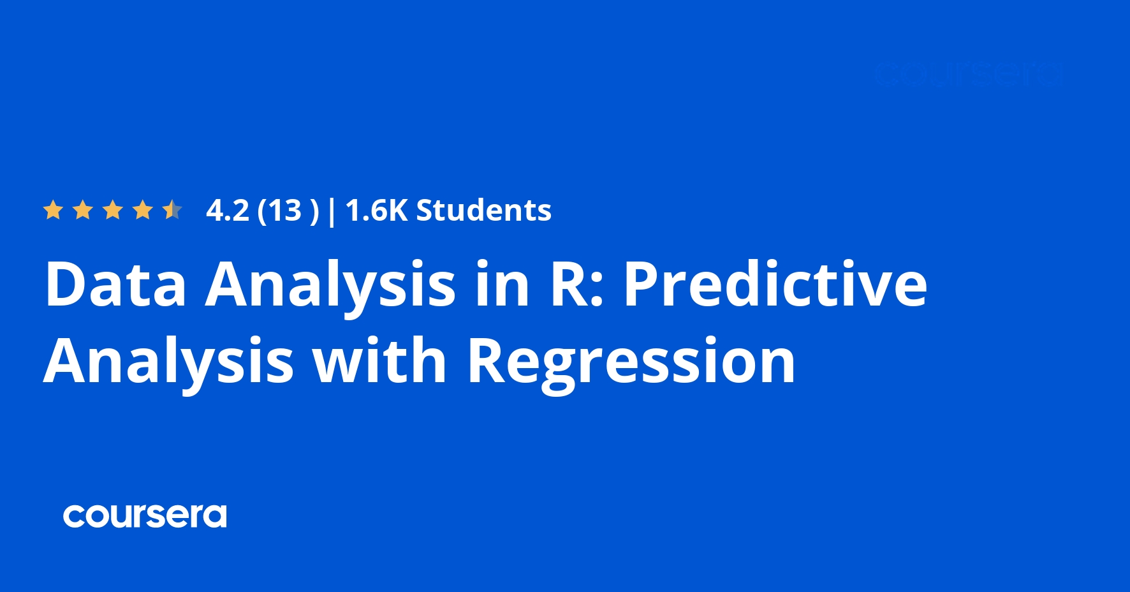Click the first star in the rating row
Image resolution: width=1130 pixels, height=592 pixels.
[x=53, y=210]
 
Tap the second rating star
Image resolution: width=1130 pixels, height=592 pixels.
[x=83, y=210]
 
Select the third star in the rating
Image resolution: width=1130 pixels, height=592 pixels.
[x=113, y=210]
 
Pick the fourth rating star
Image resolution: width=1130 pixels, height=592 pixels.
[x=143, y=210]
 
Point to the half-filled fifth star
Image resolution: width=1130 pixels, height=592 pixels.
[x=172, y=210]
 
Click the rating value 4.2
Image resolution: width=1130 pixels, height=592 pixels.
[x=228, y=211]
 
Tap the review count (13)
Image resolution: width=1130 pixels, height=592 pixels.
[x=288, y=211]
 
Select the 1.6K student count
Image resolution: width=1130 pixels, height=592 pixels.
[x=376, y=211]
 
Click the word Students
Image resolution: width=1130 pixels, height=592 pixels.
[x=483, y=211]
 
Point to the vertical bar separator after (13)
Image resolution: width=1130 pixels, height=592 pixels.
[x=332, y=211]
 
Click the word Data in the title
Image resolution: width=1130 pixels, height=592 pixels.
[x=115, y=284]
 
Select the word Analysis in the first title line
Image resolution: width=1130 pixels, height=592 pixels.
[x=330, y=285]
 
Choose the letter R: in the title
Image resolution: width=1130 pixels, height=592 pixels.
[x=576, y=284]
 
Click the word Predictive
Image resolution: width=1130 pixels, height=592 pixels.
[x=775, y=284]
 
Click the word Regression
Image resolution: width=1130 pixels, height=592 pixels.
[x=631, y=362]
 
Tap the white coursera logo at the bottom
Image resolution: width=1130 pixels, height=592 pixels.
[x=145, y=516]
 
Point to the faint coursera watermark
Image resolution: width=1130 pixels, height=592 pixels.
[x=968, y=75]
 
